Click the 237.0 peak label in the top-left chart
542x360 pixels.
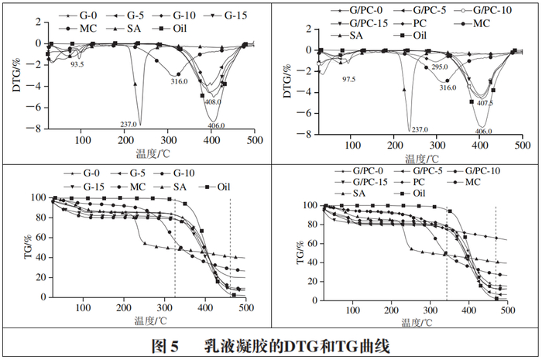click(128, 125)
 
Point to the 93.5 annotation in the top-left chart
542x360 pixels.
click(77, 65)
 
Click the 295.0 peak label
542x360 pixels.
click(439, 67)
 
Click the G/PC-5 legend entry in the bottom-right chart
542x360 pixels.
click(424, 170)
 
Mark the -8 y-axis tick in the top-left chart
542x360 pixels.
click(36, 129)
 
